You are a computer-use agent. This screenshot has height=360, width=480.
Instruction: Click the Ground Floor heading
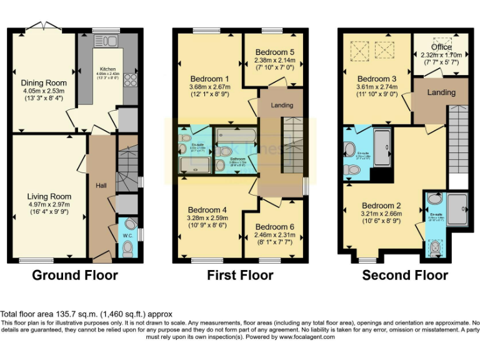(x=74, y=275)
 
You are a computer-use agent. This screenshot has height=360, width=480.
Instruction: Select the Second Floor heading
(x=405, y=275)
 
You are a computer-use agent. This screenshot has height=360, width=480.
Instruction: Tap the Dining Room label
(x=44, y=83)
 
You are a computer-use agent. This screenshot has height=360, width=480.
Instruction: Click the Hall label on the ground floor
(x=101, y=186)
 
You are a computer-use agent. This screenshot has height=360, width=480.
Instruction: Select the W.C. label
(x=127, y=236)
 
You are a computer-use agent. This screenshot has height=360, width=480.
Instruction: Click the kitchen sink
(x=107, y=42)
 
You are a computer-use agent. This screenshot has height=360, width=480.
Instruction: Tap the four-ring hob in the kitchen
(x=131, y=79)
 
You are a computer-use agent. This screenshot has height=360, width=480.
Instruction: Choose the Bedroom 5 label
(x=274, y=52)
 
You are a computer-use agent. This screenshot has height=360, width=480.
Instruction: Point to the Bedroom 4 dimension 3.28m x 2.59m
(x=207, y=218)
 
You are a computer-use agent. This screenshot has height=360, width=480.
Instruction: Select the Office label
(x=441, y=47)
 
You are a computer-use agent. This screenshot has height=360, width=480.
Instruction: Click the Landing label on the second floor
(x=441, y=92)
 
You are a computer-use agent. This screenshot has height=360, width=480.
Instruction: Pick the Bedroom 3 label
(x=377, y=79)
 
